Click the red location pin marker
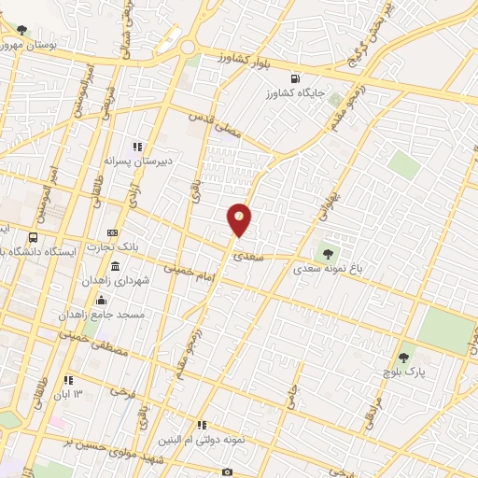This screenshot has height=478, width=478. pos(240,219)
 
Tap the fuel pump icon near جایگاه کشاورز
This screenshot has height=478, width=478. pos(296,78)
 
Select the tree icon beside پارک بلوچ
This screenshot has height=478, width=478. pos(403,357)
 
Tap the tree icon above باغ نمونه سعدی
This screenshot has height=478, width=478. pos(327,251)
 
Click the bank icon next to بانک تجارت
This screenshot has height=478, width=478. pos(114,232)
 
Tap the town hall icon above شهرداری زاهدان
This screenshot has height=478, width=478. pos(114,268)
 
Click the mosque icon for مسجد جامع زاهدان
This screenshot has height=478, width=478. pos(101,301)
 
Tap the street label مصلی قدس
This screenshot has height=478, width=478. pos(215,124)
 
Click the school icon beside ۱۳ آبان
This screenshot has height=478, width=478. pos(67,380)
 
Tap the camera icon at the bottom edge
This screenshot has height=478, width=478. pos(228,472)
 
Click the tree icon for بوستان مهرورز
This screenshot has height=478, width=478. pos(21,30)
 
